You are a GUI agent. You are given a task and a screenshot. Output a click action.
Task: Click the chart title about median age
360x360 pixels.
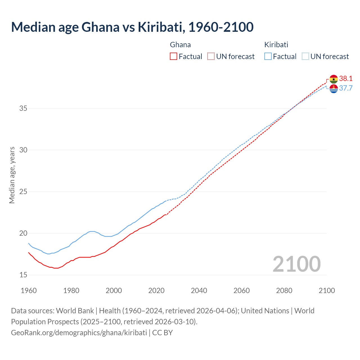coord(132,27)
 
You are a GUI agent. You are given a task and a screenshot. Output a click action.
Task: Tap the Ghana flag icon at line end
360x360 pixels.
coord(334,79)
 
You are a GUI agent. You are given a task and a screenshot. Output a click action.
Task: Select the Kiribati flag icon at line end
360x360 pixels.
coord(334,89)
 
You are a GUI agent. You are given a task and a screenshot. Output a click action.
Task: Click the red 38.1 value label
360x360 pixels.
coord(346,78)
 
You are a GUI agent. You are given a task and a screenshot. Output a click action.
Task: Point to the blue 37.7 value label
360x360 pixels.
coord(346,88)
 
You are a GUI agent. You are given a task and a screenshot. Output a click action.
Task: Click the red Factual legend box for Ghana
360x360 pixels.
coord(174,57)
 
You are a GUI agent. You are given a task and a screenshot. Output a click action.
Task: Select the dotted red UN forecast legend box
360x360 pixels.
coord(211,57)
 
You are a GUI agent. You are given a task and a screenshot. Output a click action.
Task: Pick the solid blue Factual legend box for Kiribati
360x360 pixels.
coord(268,57)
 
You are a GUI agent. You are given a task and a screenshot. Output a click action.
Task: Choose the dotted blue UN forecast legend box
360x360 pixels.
coord(305,57)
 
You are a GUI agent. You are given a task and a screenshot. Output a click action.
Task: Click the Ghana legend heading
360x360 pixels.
coord(180,45)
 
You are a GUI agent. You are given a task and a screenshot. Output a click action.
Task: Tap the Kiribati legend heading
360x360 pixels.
coord(276,45)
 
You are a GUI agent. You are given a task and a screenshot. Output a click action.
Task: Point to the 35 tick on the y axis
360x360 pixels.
coord(23,108)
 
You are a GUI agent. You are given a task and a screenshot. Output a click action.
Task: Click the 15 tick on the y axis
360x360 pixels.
coord(23,275)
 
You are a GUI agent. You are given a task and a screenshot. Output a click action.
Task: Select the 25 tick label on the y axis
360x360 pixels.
coord(23,192)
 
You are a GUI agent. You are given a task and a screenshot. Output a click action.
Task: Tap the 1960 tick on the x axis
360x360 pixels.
coord(29,291)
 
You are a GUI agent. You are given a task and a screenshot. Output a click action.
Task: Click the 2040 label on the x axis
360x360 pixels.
coord(199,291)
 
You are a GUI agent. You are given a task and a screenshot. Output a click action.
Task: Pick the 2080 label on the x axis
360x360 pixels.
coord(284,291)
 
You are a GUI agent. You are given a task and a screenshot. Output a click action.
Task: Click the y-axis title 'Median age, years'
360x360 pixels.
coord(12,175)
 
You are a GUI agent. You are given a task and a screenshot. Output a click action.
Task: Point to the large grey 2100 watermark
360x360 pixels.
coord(296,264)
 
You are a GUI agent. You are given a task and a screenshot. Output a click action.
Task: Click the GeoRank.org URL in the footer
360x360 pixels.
coord(79,333)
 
